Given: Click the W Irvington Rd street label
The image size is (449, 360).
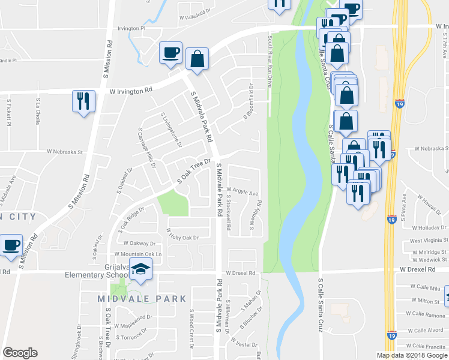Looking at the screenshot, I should coord(131,91).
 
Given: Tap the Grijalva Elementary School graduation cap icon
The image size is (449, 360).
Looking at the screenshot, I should coord(141,270).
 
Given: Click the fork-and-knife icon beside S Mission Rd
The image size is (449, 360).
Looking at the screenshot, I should coord(83,101).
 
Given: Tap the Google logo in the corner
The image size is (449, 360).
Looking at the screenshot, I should coord(20,353).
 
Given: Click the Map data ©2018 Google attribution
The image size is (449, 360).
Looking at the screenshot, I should coord(412,355).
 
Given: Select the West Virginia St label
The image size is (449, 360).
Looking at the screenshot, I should coord(429,240).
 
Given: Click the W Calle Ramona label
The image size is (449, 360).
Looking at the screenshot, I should coord(426,313).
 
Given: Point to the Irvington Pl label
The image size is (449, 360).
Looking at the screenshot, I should coord(131,28).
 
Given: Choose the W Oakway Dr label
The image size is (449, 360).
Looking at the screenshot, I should coord(139,244).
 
